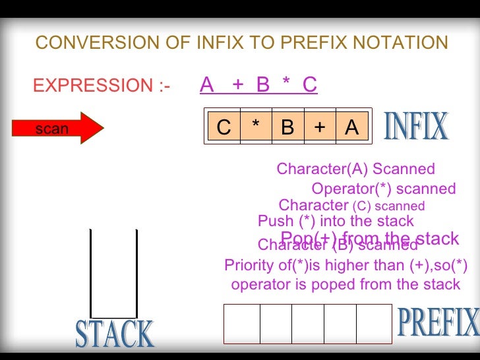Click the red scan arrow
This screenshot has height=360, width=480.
(x=66, y=129)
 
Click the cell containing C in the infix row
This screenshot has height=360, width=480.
(x=224, y=127)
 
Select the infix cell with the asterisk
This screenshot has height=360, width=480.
(x=256, y=127)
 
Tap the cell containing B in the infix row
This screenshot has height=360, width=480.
(x=287, y=127)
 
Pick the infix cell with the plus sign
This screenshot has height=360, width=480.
(x=320, y=127)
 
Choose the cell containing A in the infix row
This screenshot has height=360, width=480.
(x=351, y=127)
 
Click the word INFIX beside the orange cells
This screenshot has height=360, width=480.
(x=415, y=127)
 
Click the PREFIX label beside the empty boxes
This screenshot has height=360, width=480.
(x=438, y=322)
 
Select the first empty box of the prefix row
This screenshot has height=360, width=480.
(x=242, y=324)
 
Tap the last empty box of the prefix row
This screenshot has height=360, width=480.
(x=374, y=324)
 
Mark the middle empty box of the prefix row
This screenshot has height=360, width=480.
(x=308, y=324)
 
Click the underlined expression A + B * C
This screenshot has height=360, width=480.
(x=258, y=85)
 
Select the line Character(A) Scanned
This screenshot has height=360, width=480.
(x=355, y=169)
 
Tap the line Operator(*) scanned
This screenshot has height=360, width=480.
(x=383, y=189)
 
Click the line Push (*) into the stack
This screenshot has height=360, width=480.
(x=336, y=221)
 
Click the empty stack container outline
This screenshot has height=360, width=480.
(x=113, y=274)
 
